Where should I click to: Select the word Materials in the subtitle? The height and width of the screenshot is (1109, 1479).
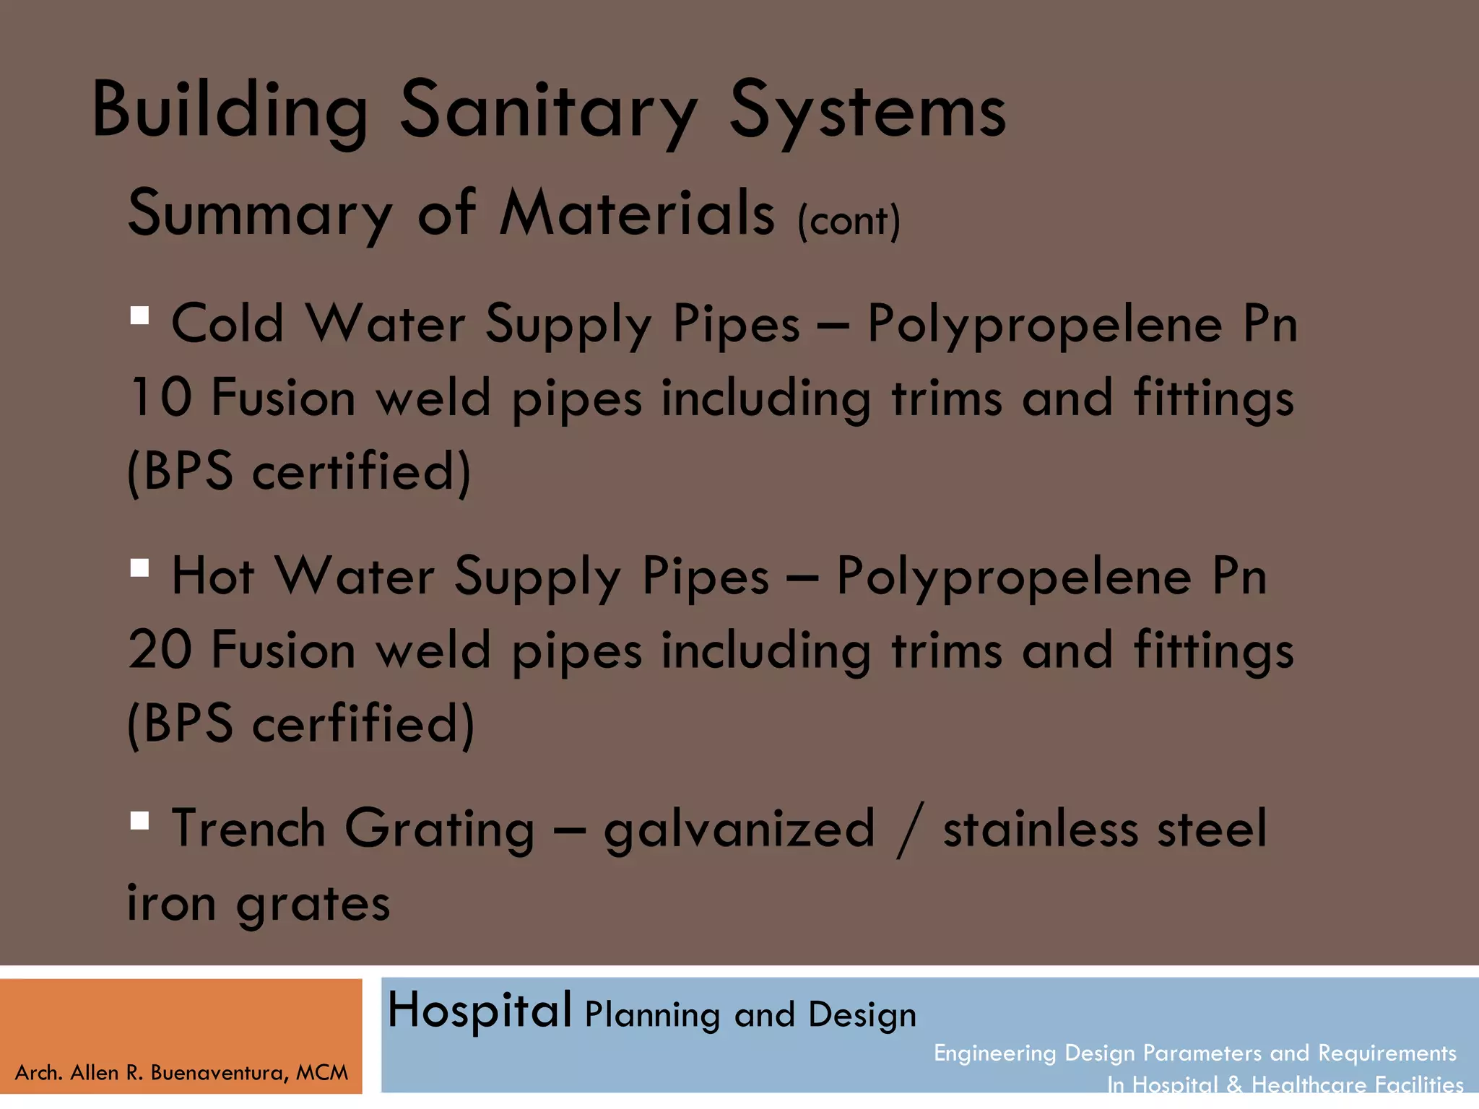click(637, 213)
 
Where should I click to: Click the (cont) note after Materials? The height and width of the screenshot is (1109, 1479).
click(849, 220)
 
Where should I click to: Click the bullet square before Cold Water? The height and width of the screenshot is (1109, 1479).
click(139, 316)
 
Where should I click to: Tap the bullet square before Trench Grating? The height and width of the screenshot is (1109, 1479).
click(139, 820)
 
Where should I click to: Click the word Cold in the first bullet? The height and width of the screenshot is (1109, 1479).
click(227, 323)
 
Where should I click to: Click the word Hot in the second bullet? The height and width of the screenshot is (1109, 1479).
click(213, 576)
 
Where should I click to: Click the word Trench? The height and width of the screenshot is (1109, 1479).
click(248, 829)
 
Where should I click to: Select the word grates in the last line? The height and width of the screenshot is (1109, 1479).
click(313, 904)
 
